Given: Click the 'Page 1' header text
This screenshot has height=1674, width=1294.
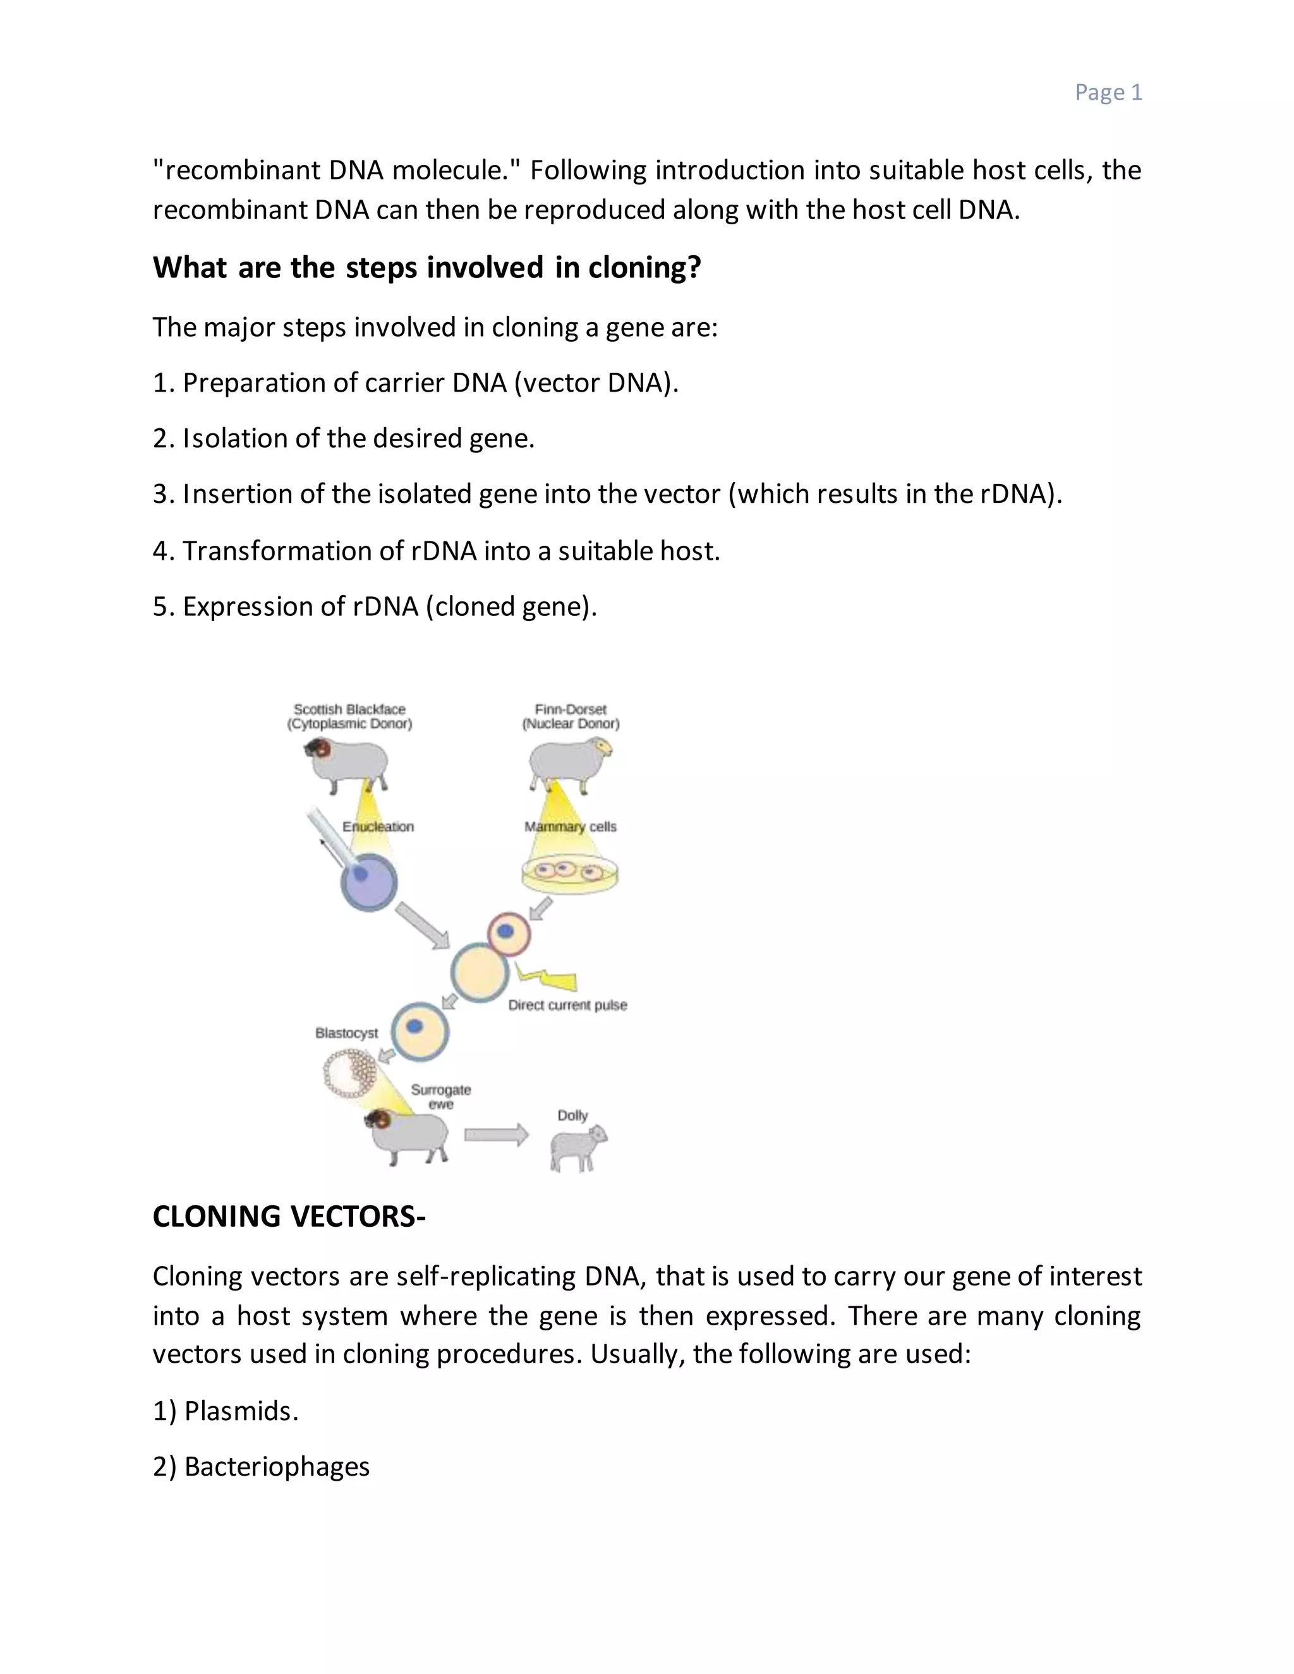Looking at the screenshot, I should (1108, 92).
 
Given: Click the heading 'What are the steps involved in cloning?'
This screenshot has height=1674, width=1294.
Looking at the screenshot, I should (426, 267).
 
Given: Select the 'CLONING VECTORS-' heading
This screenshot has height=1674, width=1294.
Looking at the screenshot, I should (288, 1217).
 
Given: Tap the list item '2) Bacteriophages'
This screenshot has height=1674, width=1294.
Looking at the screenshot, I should (261, 1466).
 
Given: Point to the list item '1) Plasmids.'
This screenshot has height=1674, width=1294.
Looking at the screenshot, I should (226, 1411).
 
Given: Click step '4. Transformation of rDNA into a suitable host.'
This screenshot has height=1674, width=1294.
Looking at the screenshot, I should (435, 550).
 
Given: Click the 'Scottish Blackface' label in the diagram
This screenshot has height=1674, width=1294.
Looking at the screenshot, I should (349, 709).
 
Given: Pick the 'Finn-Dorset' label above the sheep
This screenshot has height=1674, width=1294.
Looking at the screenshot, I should (571, 709).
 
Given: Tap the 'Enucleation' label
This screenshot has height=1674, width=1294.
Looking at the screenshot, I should (378, 826).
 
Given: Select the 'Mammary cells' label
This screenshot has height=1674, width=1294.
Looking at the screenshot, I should (571, 826).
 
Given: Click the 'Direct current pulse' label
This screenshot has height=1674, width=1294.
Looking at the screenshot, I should (567, 1005).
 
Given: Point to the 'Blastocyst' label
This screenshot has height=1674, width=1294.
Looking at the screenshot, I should (346, 1032).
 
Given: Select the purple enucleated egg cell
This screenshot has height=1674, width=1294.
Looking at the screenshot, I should (369, 882).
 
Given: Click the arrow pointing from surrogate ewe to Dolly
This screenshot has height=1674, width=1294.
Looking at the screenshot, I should (496, 1135).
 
